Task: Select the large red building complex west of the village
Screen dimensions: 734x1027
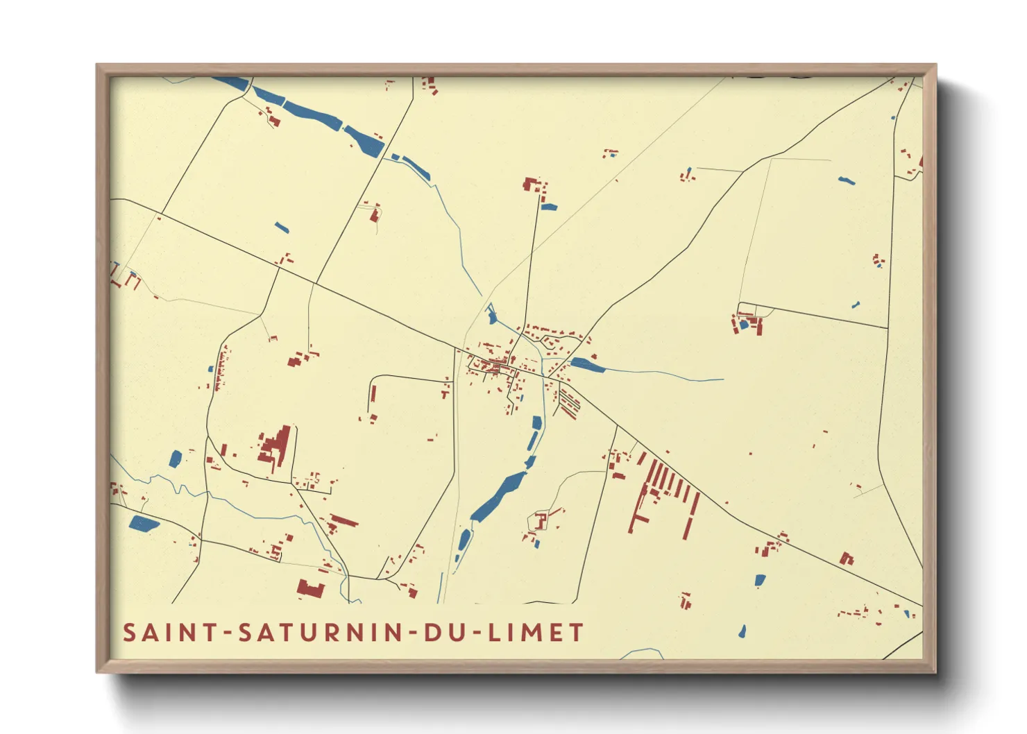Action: tap(275, 449)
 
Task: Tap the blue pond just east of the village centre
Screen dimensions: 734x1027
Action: tap(587, 365)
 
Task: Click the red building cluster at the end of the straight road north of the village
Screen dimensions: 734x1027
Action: tap(534, 186)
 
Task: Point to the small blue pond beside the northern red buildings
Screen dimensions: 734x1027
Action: tap(549, 207)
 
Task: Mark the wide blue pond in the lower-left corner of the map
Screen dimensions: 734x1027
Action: tap(144, 523)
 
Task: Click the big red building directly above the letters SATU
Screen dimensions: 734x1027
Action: tap(311, 589)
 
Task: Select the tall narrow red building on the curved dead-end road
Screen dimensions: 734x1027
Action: tap(373, 394)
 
